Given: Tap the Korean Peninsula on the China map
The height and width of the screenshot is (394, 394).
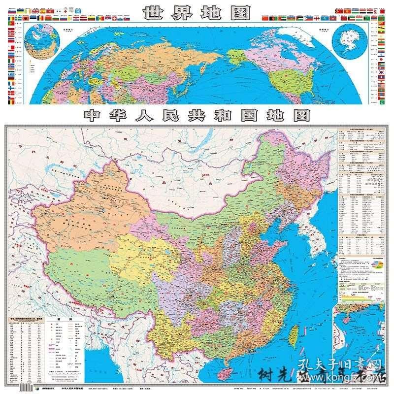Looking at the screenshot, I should coord(313,231).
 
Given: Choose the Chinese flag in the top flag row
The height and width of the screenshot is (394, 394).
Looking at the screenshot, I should coord(266,17).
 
